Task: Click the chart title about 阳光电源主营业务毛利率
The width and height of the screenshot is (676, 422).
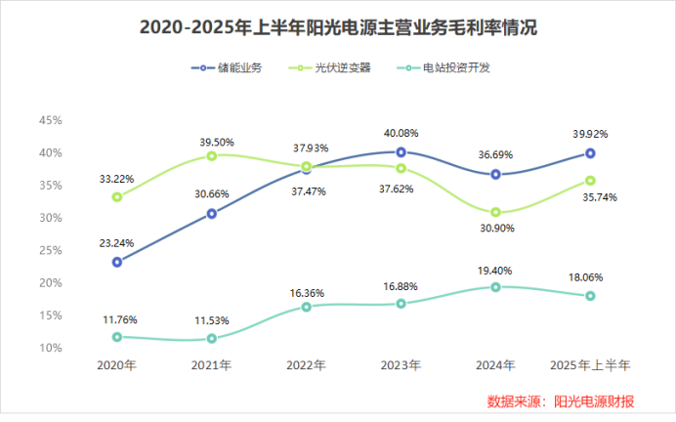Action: click(x=338, y=28)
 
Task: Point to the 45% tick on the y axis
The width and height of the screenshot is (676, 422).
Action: click(x=50, y=120)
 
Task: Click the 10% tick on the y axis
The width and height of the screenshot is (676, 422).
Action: click(x=50, y=348)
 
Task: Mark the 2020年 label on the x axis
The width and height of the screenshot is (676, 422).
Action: click(x=116, y=365)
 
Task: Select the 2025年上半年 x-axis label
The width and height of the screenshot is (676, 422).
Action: click(x=591, y=365)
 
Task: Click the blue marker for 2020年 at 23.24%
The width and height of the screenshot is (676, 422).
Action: click(x=117, y=262)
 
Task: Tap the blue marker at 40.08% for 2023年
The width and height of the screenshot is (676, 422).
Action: click(x=401, y=152)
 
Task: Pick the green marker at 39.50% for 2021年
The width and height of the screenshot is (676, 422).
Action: click(x=212, y=155)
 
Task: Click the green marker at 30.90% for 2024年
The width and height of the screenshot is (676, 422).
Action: click(x=496, y=212)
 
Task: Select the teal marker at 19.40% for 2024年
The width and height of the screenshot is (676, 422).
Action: click(x=496, y=287)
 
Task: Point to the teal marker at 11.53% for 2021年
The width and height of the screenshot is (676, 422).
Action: click(x=212, y=338)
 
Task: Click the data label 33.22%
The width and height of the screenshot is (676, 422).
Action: click(x=116, y=179)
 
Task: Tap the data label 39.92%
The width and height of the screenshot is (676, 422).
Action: click(x=591, y=134)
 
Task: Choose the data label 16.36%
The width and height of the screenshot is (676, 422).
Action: click(x=307, y=292)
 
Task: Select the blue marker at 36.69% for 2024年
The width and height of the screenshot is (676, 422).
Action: click(x=496, y=174)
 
